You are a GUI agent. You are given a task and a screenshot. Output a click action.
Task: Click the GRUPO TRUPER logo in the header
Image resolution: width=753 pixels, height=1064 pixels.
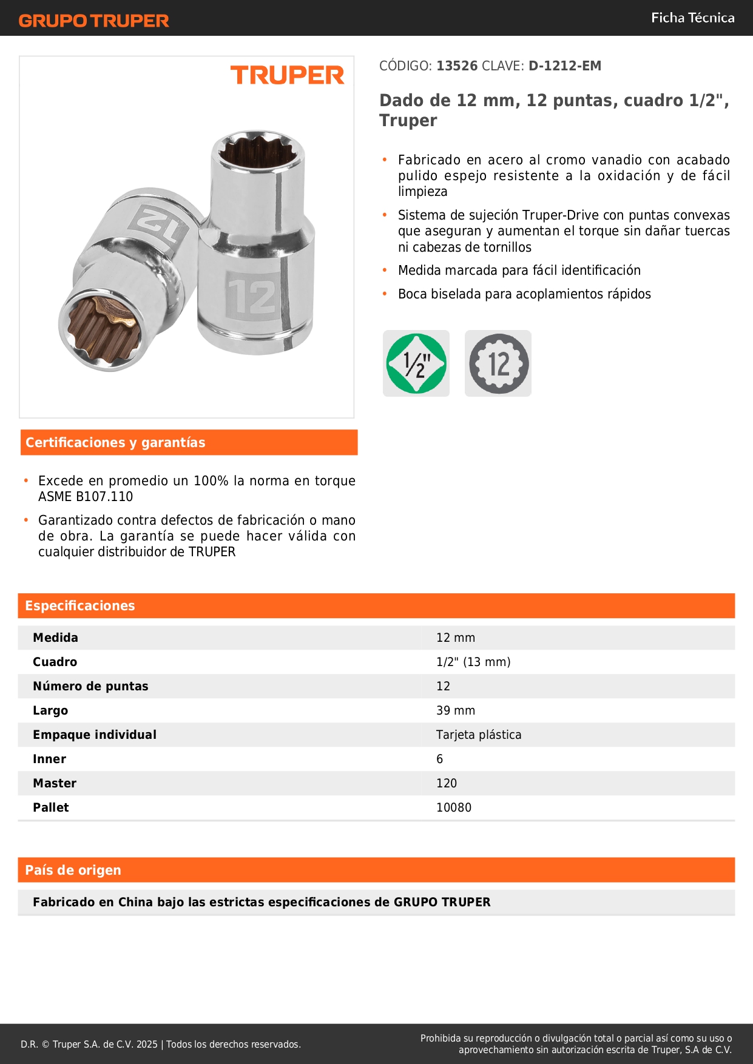(x=93, y=21)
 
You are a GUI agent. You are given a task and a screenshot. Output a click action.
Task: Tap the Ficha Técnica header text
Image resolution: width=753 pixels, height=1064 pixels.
(x=692, y=18)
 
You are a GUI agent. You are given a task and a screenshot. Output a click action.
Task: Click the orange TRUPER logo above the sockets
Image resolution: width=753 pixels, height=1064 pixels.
(x=287, y=75)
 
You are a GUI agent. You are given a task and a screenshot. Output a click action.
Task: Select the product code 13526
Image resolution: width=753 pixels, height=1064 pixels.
(x=457, y=66)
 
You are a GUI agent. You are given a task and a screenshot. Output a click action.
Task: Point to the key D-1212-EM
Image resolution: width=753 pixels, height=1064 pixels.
(x=564, y=66)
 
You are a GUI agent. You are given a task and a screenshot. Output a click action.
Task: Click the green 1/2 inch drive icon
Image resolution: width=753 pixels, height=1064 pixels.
(x=416, y=363)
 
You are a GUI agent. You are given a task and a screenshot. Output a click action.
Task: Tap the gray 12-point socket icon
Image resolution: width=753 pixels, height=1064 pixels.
(x=498, y=363)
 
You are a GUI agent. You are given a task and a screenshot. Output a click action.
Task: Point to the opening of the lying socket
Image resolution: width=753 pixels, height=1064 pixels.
(x=101, y=327)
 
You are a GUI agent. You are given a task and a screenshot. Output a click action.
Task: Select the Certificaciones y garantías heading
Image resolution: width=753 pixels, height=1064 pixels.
(x=115, y=443)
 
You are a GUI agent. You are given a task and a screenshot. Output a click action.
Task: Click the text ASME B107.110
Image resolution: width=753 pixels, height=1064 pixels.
(x=86, y=497)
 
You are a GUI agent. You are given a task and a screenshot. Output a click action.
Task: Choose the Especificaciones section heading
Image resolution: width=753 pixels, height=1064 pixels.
(x=80, y=606)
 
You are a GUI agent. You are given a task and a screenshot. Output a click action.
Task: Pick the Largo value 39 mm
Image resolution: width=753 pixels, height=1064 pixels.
(x=456, y=710)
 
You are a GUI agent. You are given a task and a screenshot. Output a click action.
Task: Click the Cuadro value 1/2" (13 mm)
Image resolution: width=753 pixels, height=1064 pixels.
(x=473, y=662)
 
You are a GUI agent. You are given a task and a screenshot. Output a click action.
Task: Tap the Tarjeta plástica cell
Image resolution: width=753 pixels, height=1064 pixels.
(x=479, y=735)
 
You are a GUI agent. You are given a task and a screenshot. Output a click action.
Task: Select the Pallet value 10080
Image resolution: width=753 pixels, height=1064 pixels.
(x=454, y=807)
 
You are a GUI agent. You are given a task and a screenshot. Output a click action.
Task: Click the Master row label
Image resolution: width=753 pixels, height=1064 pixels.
(x=55, y=783)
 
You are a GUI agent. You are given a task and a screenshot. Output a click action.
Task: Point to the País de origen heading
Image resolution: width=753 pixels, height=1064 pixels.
(x=73, y=870)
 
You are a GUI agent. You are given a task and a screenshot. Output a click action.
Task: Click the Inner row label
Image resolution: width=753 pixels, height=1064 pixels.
(x=50, y=759)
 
